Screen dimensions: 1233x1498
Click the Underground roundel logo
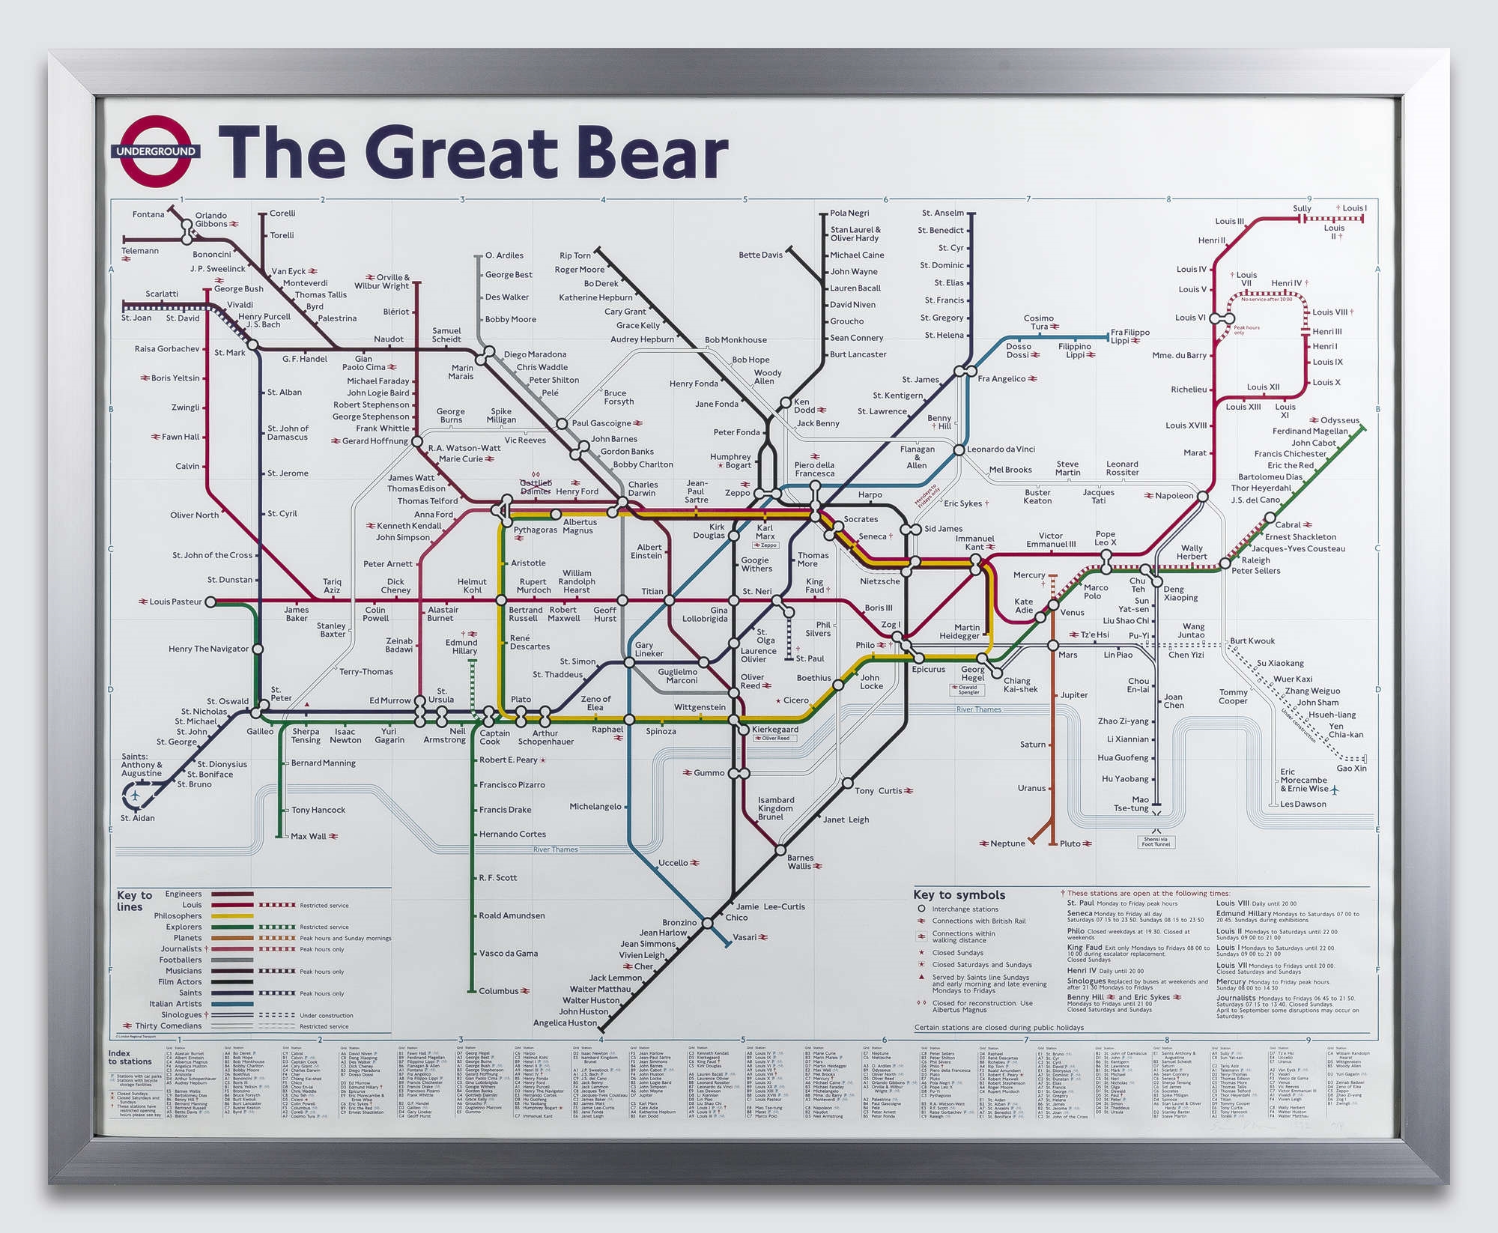(156, 151)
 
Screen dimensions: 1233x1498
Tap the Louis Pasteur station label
(175, 602)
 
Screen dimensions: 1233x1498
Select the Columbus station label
(499, 991)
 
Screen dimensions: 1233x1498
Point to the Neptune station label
(1007, 843)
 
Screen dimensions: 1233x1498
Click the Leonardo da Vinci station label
(1001, 449)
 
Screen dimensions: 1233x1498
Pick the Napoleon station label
(1174, 496)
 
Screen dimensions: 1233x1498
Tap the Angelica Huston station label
(565, 1023)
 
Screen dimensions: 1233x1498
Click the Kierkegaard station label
(774, 729)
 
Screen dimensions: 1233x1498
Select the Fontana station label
(148, 214)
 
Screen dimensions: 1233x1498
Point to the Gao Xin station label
(1352, 768)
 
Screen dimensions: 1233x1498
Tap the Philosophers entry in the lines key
(178, 915)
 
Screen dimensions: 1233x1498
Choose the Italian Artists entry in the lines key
(175, 1004)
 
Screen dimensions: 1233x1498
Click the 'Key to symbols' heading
(959, 895)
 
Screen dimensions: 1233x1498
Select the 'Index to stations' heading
(130, 1057)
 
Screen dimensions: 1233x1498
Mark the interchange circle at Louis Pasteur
(210, 602)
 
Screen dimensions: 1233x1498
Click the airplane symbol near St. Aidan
(135, 795)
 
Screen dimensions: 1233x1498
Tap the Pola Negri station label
(849, 213)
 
